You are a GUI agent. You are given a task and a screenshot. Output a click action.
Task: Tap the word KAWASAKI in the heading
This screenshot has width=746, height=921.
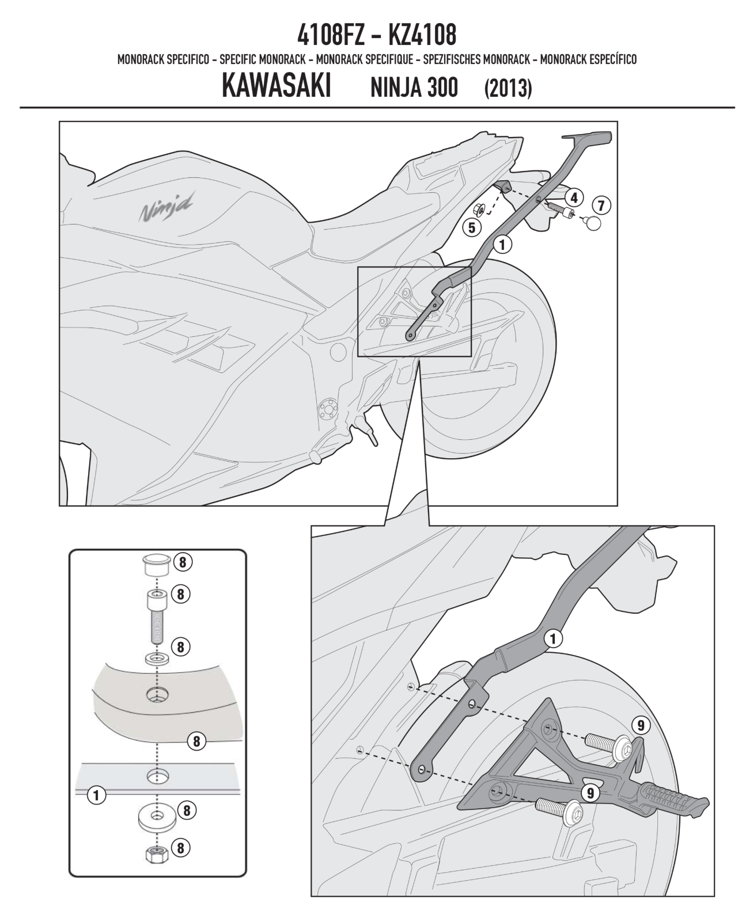[275, 87]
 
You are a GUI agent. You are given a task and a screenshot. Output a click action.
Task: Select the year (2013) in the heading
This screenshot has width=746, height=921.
[508, 88]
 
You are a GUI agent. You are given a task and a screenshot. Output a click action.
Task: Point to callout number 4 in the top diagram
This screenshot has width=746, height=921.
[574, 197]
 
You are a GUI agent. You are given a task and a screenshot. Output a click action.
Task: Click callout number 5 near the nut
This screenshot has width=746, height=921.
[472, 227]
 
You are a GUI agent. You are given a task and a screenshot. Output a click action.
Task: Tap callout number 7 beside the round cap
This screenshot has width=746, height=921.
[601, 204]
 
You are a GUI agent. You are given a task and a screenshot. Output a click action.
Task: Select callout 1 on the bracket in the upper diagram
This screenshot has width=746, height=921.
[502, 244]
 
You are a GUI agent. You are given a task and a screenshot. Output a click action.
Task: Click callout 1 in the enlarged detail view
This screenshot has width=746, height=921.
[553, 638]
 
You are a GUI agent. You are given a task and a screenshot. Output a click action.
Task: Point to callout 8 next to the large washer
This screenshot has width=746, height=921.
[186, 810]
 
